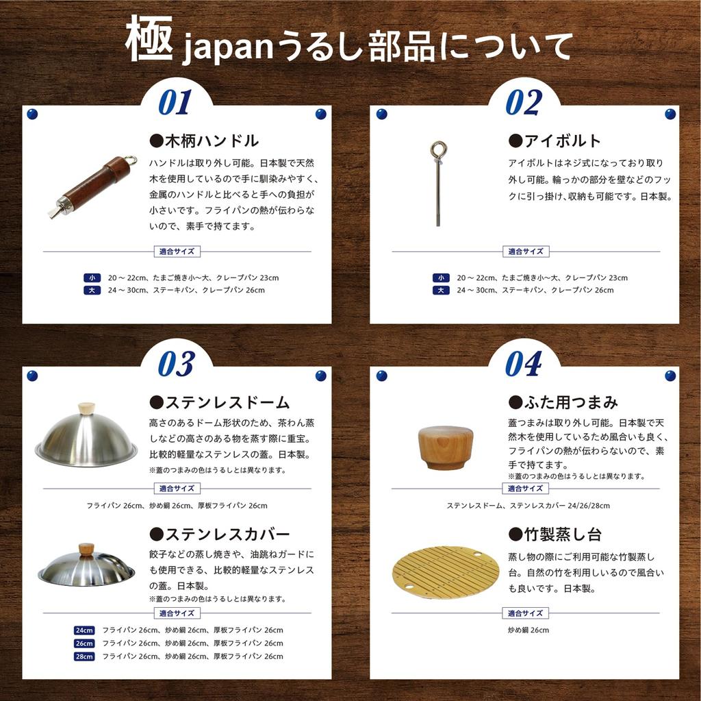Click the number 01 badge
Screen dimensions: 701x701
[x=175, y=103]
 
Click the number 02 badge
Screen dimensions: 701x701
[x=524, y=103]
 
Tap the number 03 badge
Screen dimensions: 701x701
[x=176, y=365]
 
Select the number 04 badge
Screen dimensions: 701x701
[x=524, y=365]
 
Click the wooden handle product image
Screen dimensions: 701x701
[x=92, y=187]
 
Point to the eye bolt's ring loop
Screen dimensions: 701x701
[x=438, y=151]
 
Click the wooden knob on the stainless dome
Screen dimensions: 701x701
[x=86, y=408]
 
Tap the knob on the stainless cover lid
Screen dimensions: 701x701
[x=86, y=549]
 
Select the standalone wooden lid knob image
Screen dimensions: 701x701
[x=446, y=446]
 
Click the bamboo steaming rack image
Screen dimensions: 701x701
[x=446, y=572]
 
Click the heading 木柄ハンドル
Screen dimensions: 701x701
[x=204, y=141]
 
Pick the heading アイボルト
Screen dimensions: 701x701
[x=555, y=141]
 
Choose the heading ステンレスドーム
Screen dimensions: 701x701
[x=219, y=402]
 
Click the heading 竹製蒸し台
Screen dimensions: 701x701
[x=555, y=534]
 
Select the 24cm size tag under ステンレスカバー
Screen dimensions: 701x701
[x=84, y=630]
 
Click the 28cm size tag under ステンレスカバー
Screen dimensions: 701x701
[x=84, y=656]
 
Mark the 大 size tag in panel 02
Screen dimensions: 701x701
[x=441, y=291]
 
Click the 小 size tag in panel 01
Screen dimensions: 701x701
[x=92, y=278]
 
